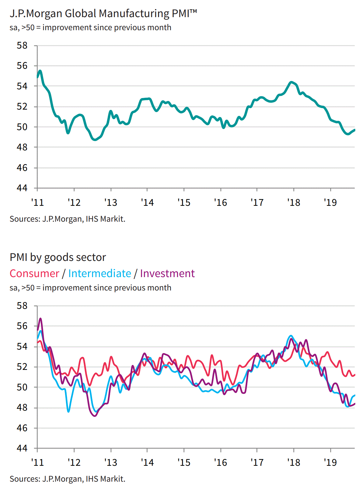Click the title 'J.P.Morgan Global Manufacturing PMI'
pyautogui.click(x=103, y=14)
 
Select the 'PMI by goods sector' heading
pyautogui.click(x=58, y=257)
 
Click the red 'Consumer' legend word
pyautogui.click(x=34, y=273)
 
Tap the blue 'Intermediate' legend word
pyautogui.click(x=100, y=273)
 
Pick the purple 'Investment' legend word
pyautogui.click(x=167, y=273)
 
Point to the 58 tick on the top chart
pyautogui.click(x=22, y=46)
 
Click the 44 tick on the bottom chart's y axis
pyautogui.click(x=22, y=448)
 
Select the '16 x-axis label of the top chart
pyautogui.click(x=220, y=203)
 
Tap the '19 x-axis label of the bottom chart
pyautogui.click(x=330, y=463)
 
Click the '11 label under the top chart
pyautogui.click(x=37, y=203)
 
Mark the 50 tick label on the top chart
pyautogui.click(x=22, y=127)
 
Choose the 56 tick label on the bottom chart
pyautogui.click(x=22, y=326)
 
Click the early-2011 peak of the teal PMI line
pyautogui.click(x=40, y=71)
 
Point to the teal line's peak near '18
pyautogui.click(x=291, y=82)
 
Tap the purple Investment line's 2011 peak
pyautogui.click(x=40, y=319)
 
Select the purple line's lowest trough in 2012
pyautogui.click(x=95, y=416)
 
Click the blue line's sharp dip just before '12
pyautogui.click(x=68, y=411)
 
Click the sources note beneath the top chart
pyautogui.click(x=67, y=219)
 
